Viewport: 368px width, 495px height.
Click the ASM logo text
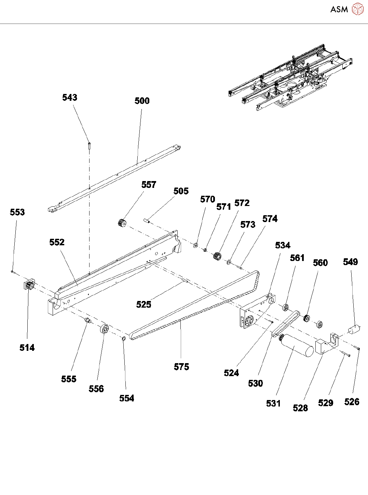[x=339, y=9]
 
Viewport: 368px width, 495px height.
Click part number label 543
[x=70, y=98]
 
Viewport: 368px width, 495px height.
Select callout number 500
[x=142, y=101]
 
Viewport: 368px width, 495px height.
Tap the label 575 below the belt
[x=181, y=367]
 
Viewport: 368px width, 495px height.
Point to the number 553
[x=17, y=212]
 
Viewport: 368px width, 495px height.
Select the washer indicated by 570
[x=196, y=245]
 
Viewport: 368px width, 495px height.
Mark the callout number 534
[x=283, y=245]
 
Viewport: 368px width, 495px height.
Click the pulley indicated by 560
[x=307, y=318]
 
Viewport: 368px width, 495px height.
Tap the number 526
[x=352, y=402]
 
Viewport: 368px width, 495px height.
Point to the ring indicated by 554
[x=124, y=339]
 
